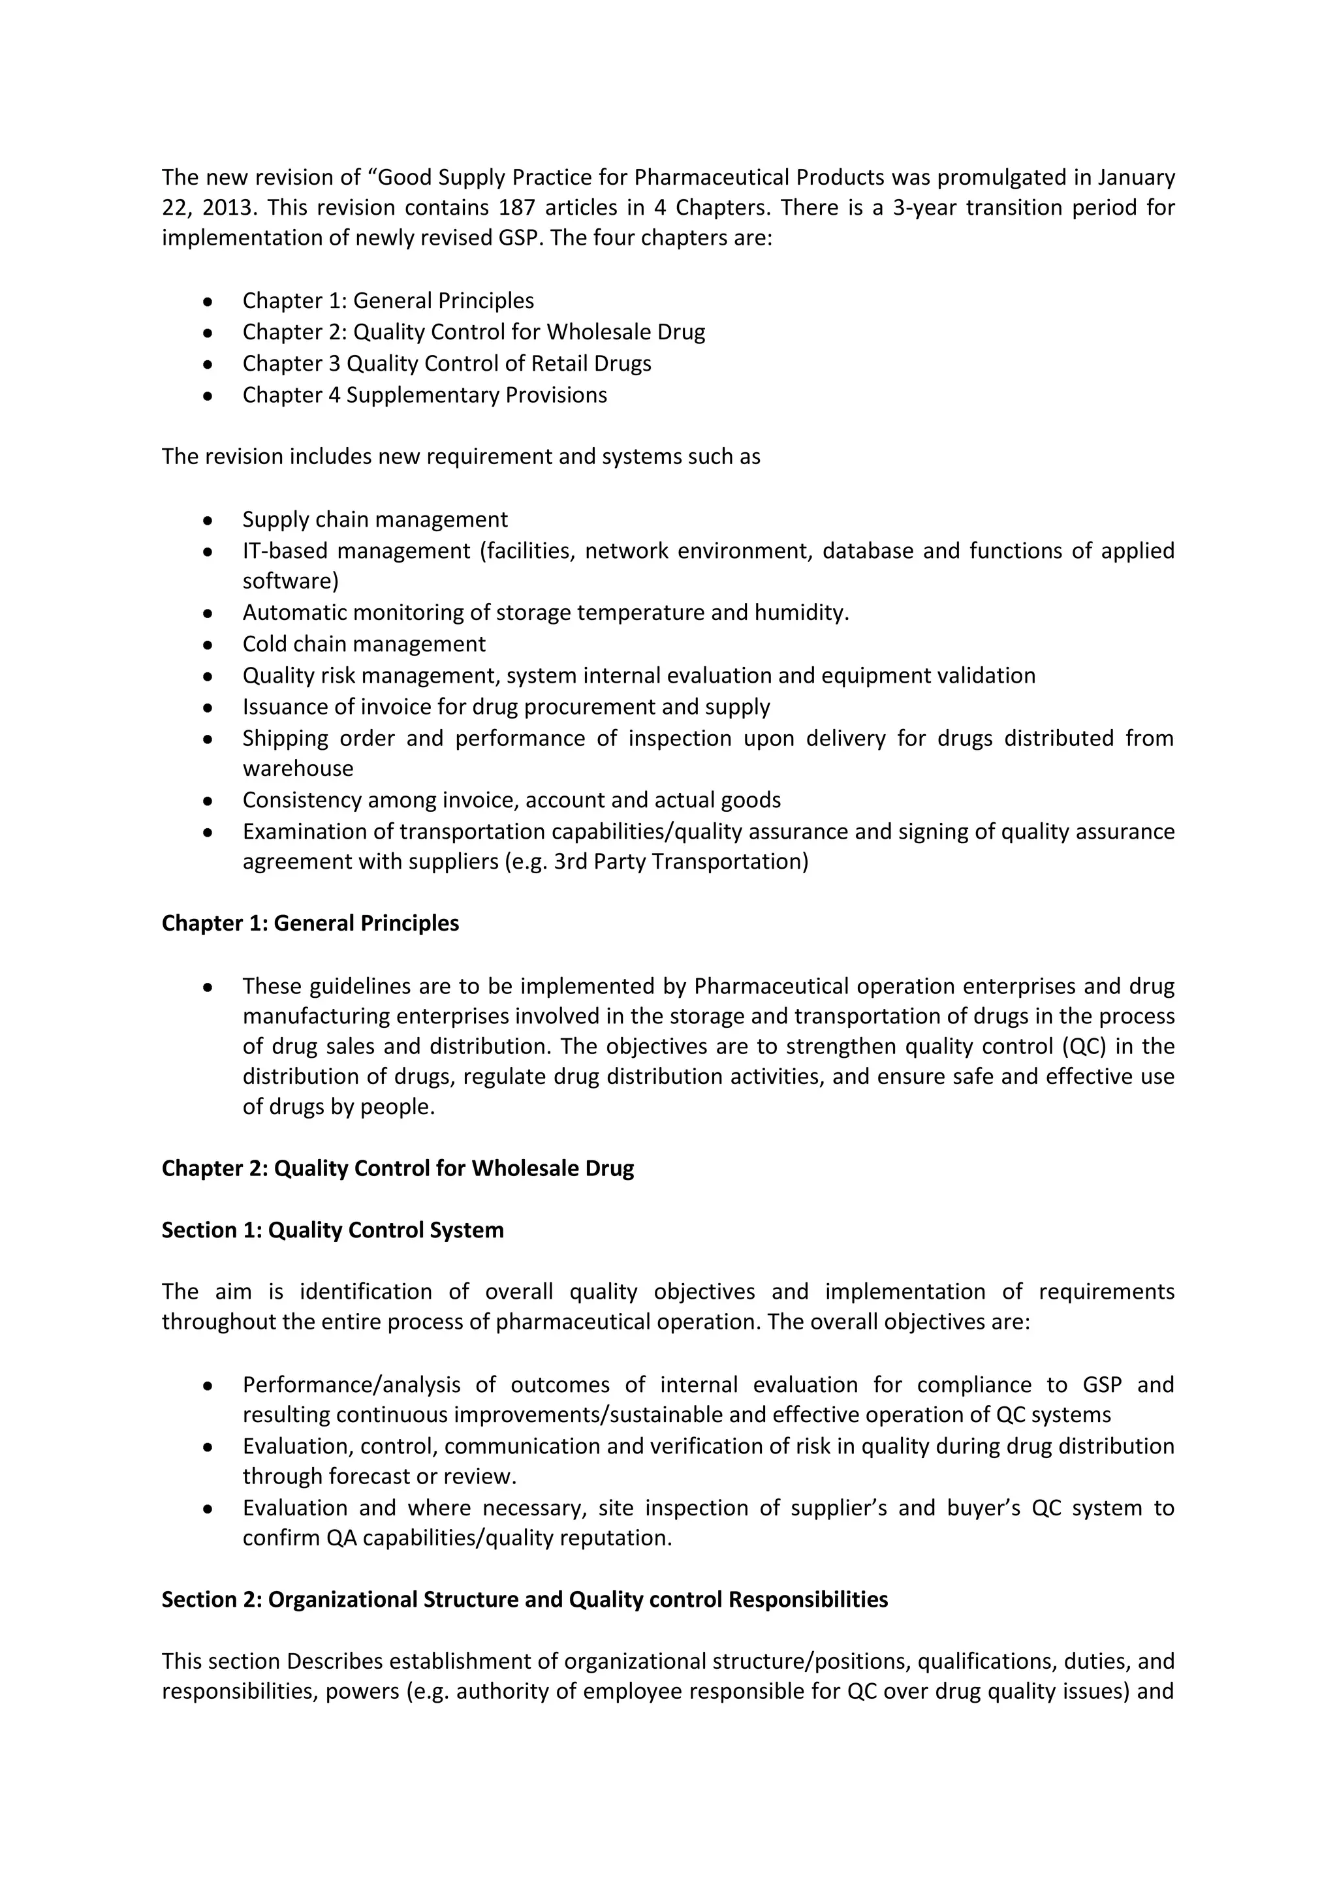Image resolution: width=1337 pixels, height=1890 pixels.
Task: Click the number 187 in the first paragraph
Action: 517,208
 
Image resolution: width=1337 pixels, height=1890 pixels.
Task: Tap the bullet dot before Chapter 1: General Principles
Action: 208,302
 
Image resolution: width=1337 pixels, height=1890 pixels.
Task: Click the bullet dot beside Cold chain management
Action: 208,645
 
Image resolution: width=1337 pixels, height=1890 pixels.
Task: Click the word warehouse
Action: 298,769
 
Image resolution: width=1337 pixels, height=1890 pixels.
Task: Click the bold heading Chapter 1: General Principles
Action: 310,923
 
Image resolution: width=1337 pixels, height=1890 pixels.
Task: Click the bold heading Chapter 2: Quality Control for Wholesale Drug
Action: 398,1169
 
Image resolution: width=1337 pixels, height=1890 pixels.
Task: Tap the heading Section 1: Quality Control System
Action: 332,1231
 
